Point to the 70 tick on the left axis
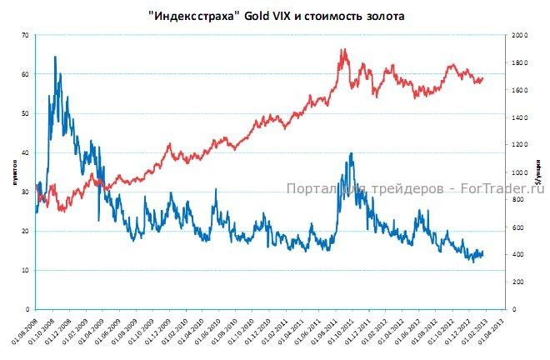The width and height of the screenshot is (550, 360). [25, 35]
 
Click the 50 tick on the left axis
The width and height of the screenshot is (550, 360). [25, 113]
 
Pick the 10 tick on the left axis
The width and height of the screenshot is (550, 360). [25, 271]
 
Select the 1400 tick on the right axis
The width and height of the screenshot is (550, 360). [519, 118]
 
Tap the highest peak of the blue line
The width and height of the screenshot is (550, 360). [55, 57]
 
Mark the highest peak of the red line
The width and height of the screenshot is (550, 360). [342, 49]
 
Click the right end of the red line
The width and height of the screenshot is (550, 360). [482, 77]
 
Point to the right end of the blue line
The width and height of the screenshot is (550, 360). [482, 253]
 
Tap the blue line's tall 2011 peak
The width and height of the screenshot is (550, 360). [352, 153]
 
